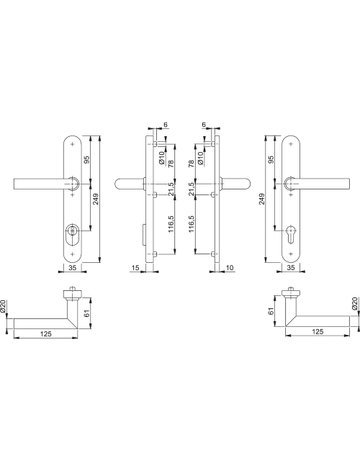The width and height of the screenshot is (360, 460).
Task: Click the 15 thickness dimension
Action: coord(135,268)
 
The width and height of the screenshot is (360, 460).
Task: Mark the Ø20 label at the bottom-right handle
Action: coord(352,304)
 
